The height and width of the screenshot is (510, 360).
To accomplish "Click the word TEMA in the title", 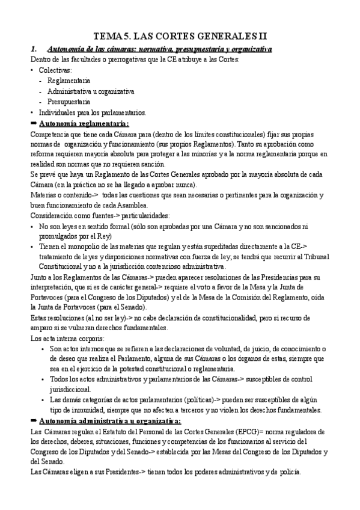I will tap(109, 36).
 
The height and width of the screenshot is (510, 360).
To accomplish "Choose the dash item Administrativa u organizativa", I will tap(91, 91).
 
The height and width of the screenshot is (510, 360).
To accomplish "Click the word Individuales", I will tap(61, 112).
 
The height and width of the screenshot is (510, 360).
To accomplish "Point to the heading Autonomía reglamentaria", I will tap(84, 123).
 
